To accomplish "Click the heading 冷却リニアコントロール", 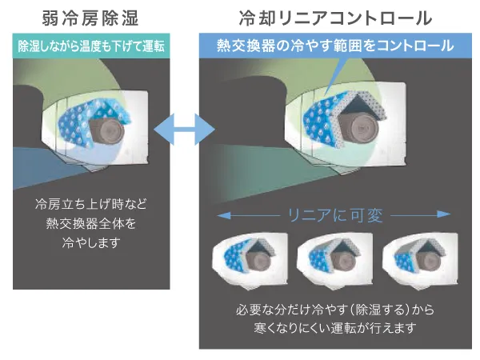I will pyautogui.click(x=336, y=17).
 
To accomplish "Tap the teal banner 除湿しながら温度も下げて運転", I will pyautogui.click(x=91, y=45).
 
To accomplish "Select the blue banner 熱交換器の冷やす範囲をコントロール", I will pyautogui.click(x=336, y=46).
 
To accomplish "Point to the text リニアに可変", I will pyautogui.click(x=336, y=214).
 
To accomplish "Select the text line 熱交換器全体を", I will pyautogui.click(x=92, y=224).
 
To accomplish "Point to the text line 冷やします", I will pyautogui.click(x=92, y=243).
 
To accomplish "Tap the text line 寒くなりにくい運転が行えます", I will pyautogui.click(x=336, y=329).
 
